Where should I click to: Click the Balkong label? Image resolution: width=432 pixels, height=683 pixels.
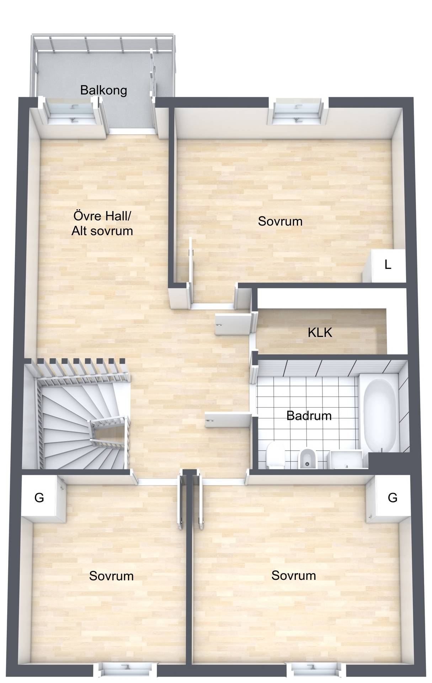(103, 90)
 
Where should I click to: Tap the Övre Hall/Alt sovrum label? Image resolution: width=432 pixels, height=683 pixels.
(102, 223)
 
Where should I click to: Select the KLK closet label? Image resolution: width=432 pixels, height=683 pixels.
(320, 332)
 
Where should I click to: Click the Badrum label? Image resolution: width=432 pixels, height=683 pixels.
(309, 415)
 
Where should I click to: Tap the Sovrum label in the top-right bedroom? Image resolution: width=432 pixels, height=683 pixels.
(280, 221)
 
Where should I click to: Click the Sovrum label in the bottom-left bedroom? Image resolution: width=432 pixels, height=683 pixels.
(111, 576)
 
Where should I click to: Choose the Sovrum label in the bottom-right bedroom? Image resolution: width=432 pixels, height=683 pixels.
(294, 575)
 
